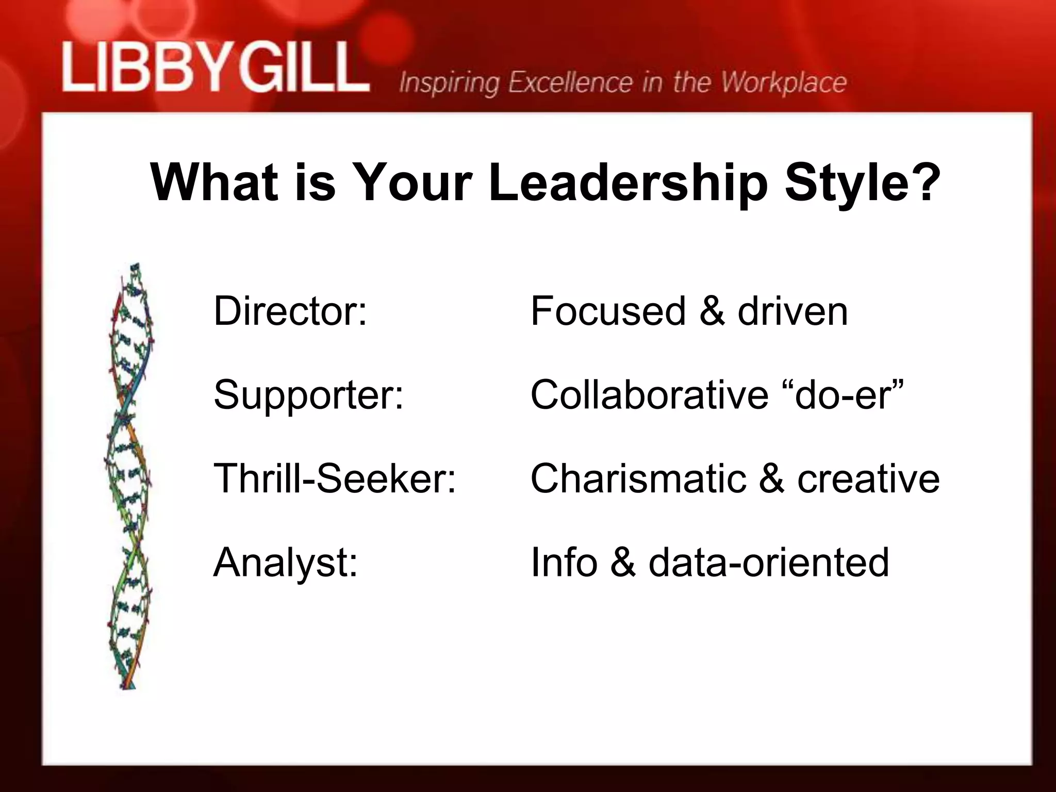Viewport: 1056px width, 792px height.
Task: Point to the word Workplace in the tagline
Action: [x=783, y=82]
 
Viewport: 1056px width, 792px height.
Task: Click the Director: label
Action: [x=290, y=311]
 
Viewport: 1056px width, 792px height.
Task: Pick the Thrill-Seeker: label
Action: [x=335, y=478]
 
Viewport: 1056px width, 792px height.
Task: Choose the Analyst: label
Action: [x=285, y=563]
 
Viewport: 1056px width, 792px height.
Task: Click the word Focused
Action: [x=608, y=311]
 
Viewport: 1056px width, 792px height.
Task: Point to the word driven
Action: [x=793, y=311]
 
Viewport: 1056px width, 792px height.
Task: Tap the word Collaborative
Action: [x=649, y=395]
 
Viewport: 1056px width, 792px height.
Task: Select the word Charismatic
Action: [x=638, y=478]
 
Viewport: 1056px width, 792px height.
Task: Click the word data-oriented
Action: [x=768, y=562]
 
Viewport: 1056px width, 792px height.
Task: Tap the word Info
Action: [x=564, y=562]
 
